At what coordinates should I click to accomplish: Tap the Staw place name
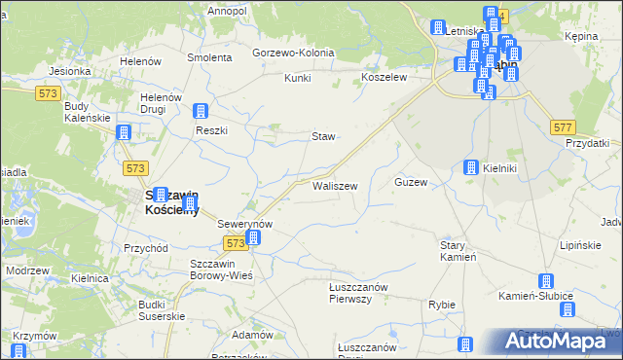(x=323, y=136)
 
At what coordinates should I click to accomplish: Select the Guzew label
(x=411, y=183)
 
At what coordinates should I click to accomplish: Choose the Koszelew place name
(x=383, y=77)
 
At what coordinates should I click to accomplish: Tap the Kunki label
(x=298, y=78)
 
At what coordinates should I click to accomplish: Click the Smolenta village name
(x=210, y=57)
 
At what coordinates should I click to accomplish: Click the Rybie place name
(x=442, y=305)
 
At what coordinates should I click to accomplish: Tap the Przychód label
(x=147, y=248)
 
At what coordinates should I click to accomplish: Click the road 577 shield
(x=562, y=127)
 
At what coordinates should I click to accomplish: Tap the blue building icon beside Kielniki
(x=471, y=167)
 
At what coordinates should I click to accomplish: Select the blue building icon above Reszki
(x=201, y=112)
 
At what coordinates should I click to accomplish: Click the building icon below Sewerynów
(x=252, y=237)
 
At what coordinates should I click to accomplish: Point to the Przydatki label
(x=587, y=143)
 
